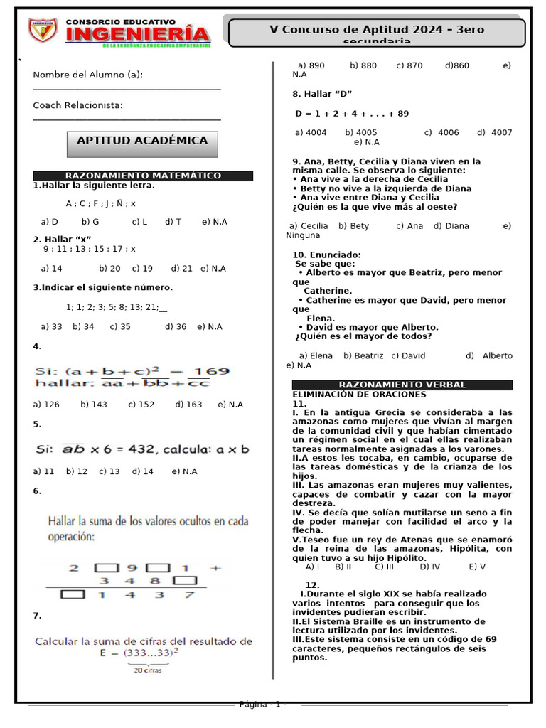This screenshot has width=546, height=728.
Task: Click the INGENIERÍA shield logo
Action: tap(43, 30)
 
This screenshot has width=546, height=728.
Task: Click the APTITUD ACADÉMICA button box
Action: tap(142, 141)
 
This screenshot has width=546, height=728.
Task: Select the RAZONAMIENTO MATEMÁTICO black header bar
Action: tap(143, 176)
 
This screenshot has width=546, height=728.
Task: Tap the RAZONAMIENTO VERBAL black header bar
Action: tap(402, 385)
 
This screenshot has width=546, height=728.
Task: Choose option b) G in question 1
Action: tap(90, 222)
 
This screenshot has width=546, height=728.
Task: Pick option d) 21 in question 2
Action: tap(182, 269)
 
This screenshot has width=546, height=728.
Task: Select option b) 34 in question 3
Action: tap(83, 327)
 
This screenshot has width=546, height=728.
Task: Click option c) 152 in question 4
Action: tap(141, 405)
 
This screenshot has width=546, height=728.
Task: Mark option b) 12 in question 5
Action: tap(77, 471)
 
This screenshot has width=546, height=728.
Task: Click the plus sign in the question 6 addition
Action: tap(216, 567)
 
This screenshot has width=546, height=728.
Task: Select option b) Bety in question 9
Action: tap(354, 226)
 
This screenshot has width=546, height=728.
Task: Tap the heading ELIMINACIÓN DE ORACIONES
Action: tap(359, 394)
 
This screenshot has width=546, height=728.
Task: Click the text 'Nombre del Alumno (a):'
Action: tap(88, 75)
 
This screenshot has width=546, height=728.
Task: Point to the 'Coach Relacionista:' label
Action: tap(78, 105)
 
